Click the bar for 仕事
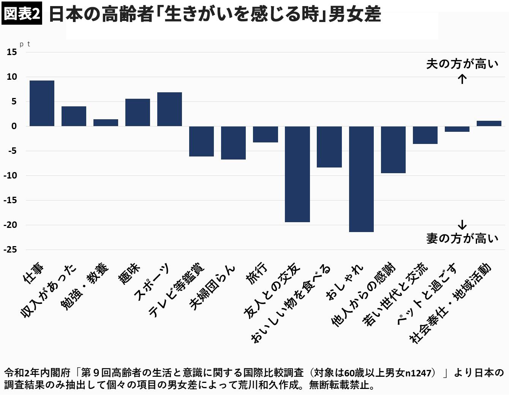click(x=42, y=103)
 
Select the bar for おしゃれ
click(x=361, y=179)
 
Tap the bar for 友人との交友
click(x=297, y=174)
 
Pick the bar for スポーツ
click(x=169, y=109)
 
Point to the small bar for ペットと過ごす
click(x=457, y=129)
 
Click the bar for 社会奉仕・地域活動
click(x=489, y=123)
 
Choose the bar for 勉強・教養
click(x=106, y=123)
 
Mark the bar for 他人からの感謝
click(x=393, y=150)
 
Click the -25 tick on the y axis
click(x=10, y=250)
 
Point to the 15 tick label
click(x=12, y=52)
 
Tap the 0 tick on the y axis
click(x=14, y=126)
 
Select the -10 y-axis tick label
click(x=10, y=175)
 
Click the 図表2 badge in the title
click(x=22, y=13)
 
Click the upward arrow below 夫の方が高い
click(x=462, y=79)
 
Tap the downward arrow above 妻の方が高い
click(x=462, y=224)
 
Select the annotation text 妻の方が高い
click(x=462, y=239)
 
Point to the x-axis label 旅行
click(x=257, y=273)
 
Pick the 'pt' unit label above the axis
click(x=25, y=44)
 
